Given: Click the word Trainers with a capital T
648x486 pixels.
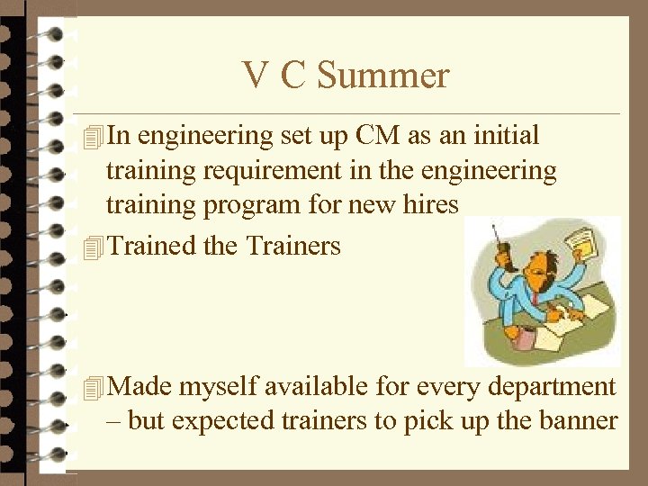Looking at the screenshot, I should pos(293,245).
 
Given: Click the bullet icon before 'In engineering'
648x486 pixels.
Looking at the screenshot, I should pos(90,137).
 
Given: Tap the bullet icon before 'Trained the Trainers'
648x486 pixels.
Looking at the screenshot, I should pos(90,246).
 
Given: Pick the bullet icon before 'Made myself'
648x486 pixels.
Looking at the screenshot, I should pos(90,388).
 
